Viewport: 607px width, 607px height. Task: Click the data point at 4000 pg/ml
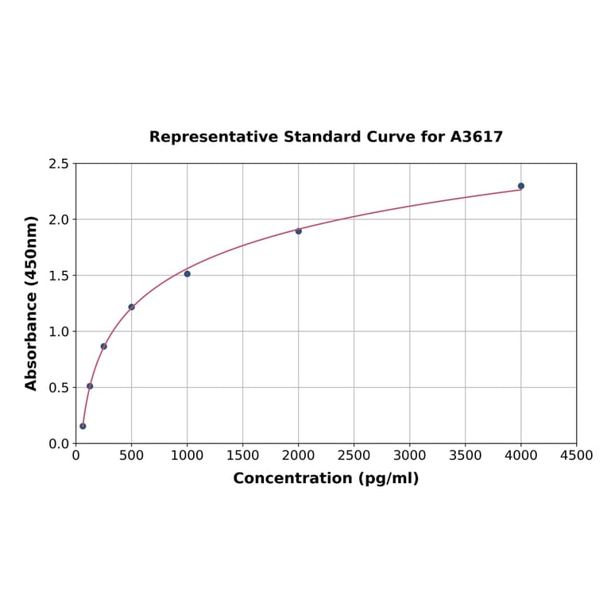(x=520, y=186)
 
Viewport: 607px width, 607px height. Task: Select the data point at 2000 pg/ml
(x=299, y=231)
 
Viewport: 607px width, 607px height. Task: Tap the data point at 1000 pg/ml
(x=187, y=273)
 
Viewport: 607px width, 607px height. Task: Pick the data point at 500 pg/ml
(x=131, y=307)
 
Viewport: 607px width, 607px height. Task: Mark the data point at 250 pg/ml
(x=103, y=346)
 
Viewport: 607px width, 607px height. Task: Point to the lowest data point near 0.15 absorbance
(x=83, y=426)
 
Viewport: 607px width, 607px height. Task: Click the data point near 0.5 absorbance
(x=90, y=386)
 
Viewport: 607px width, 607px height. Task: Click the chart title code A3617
(x=476, y=137)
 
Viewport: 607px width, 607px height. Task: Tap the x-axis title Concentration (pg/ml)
(x=326, y=478)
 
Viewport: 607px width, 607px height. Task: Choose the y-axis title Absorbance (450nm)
(x=32, y=303)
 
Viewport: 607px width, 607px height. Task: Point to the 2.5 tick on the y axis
(x=59, y=164)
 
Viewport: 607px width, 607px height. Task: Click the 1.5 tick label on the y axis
(x=59, y=276)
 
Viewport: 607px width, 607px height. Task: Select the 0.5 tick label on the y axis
(x=59, y=388)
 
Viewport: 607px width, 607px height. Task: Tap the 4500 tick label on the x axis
(x=576, y=455)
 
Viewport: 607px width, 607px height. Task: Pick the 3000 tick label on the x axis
(x=409, y=455)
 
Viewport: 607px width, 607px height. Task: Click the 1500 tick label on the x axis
(x=242, y=455)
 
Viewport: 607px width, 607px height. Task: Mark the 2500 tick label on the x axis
(x=354, y=455)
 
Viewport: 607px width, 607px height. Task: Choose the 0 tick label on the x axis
(x=75, y=455)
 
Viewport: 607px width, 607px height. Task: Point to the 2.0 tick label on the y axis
(x=59, y=219)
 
